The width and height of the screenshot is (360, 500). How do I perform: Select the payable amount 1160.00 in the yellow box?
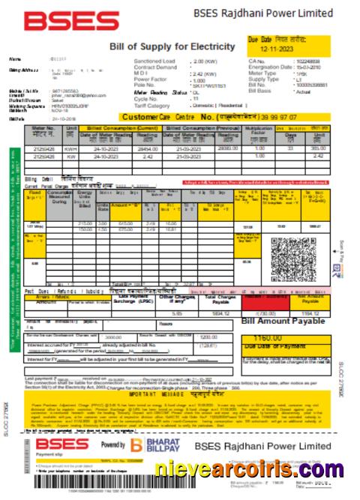tap(278, 338)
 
